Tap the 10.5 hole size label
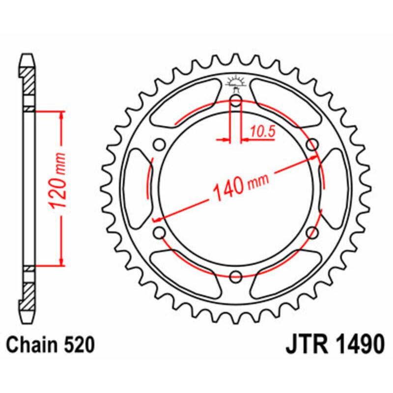(261, 131)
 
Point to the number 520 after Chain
(79, 345)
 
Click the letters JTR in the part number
(307, 345)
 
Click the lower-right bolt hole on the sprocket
(311, 233)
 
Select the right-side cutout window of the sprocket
(335, 189)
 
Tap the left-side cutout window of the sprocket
(137, 189)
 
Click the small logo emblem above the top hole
(236, 84)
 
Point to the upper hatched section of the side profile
(28, 80)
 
